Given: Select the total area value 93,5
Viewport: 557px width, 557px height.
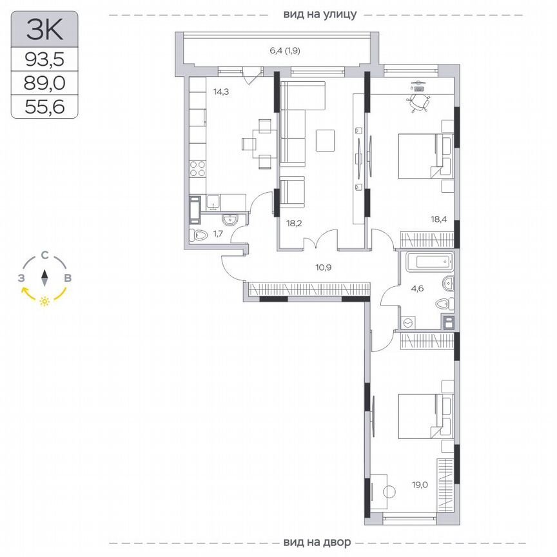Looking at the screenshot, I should pyautogui.click(x=44, y=60).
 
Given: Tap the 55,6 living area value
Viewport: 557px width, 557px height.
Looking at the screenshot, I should pyautogui.click(x=44, y=104).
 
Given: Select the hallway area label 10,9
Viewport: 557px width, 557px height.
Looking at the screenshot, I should pyautogui.click(x=324, y=266).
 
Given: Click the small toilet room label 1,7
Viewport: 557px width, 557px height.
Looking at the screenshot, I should pyautogui.click(x=218, y=233).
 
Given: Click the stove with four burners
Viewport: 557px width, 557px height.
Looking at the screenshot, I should pyautogui.click(x=197, y=169).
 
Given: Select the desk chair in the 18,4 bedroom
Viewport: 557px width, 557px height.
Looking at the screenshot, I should pyautogui.click(x=419, y=102).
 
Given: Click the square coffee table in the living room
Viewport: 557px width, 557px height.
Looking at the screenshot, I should pyautogui.click(x=326, y=140).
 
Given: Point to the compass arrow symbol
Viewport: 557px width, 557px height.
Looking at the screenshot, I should pyautogui.click(x=44, y=278).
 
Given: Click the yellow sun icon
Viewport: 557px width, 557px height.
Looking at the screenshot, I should pyautogui.click(x=44, y=301).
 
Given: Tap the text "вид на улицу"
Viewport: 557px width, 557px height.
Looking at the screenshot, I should pyautogui.click(x=320, y=14).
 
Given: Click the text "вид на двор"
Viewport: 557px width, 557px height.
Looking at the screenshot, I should pyautogui.click(x=317, y=541).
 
